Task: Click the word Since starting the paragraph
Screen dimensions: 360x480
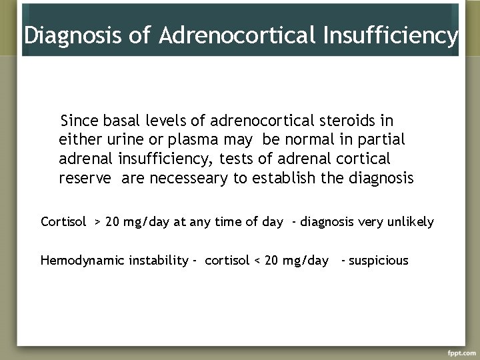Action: tap(79, 121)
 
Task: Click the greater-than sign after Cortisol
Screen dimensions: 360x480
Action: tap(97, 222)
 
